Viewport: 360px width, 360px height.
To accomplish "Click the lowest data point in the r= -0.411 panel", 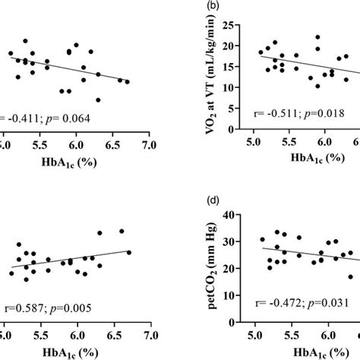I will (x=98, y=99).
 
